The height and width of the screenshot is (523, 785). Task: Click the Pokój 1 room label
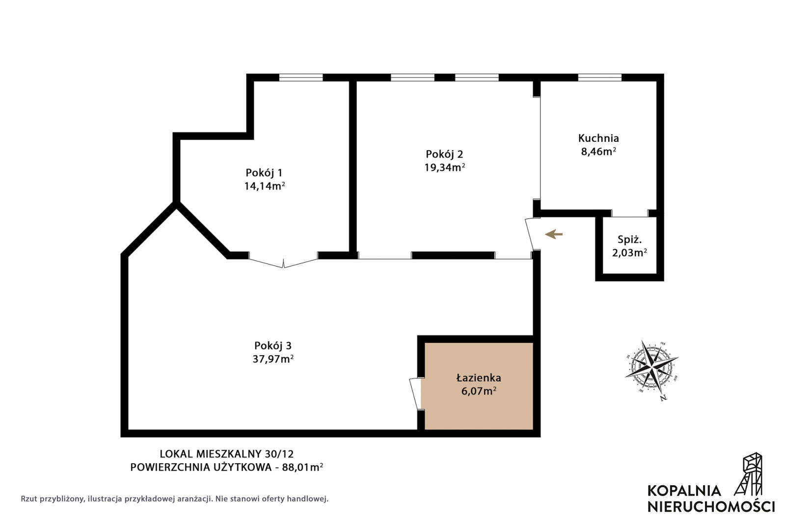pos(264,173)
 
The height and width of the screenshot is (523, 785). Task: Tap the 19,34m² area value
pos(444,167)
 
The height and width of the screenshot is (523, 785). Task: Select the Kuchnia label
pos(598,138)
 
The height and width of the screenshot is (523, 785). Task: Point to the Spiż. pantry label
pos(629,239)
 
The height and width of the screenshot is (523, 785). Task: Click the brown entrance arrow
pos(554,234)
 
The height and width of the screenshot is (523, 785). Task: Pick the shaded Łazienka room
pos(479,386)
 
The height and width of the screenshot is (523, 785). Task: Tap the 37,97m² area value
pos(273,359)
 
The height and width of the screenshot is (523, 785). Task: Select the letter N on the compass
pos(663,398)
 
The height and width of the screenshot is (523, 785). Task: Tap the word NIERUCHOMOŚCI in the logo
pos(711,507)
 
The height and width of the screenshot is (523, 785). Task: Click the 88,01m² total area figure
pos(302,467)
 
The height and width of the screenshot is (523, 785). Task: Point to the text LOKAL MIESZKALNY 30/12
pos(227,454)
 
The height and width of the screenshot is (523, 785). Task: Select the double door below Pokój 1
pos(283,262)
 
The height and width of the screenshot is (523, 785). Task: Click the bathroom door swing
pos(415,393)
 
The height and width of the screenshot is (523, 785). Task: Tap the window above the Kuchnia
pos(599,78)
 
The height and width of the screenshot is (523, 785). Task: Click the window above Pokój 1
pos(300,78)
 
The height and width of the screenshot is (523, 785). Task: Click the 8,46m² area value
pos(598,152)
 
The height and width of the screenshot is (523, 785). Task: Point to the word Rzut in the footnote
pos(29,498)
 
